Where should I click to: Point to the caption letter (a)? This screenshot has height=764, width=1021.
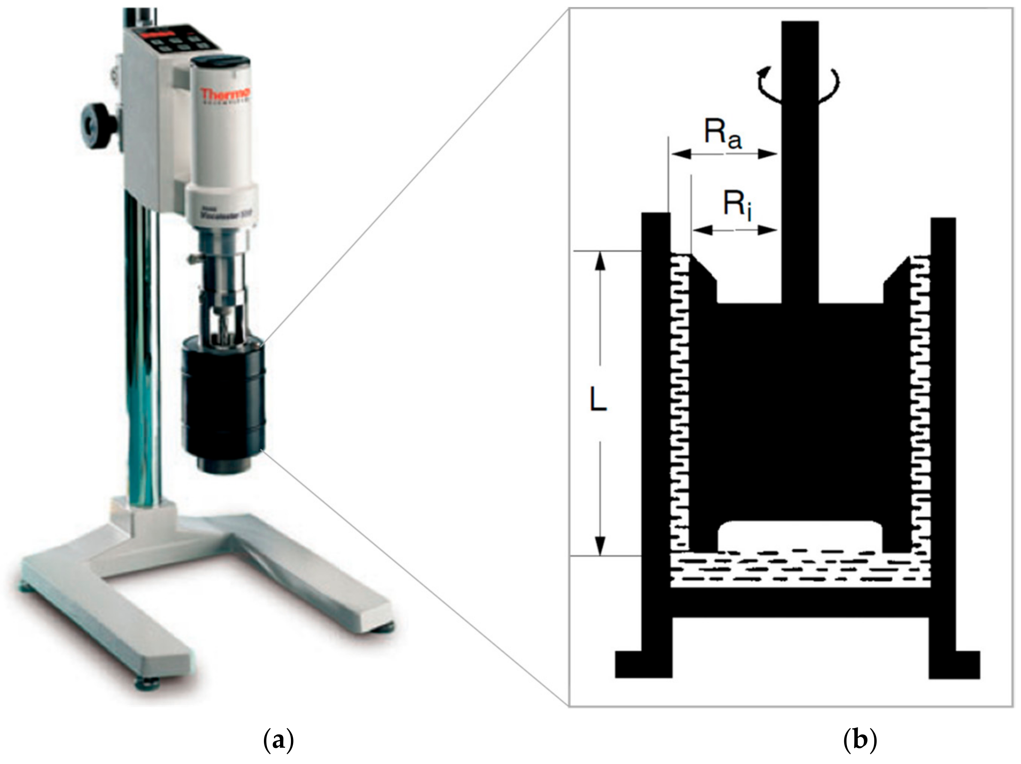(x=278, y=740)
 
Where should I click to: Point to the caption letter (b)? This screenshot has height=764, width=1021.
(x=860, y=740)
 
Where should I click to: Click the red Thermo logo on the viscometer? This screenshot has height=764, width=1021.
(x=225, y=95)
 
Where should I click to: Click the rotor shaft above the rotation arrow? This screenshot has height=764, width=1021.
(x=800, y=46)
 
